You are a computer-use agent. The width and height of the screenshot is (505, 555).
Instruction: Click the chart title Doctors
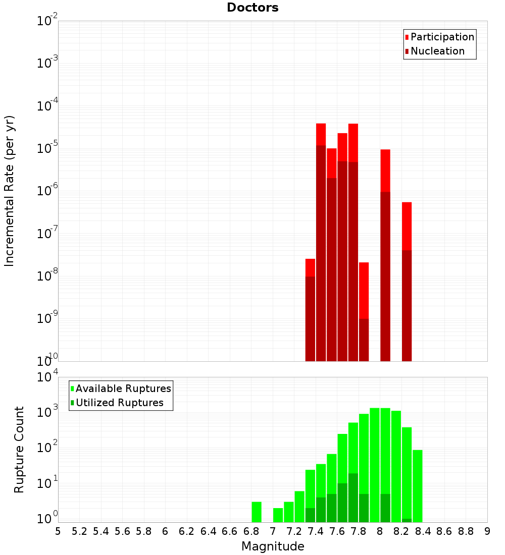coord(252,8)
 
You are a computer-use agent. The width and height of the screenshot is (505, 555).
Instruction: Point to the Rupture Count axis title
coord(19,449)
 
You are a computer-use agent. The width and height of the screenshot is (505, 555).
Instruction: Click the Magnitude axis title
coord(273,546)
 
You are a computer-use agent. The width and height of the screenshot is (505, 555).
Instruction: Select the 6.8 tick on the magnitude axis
coord(251,531)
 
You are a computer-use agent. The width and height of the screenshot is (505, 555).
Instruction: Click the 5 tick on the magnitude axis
coord(58,531)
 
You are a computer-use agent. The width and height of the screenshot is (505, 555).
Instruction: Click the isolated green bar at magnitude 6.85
coord(257,512)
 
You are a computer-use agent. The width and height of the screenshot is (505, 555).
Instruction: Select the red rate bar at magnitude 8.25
coord(407,281)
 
